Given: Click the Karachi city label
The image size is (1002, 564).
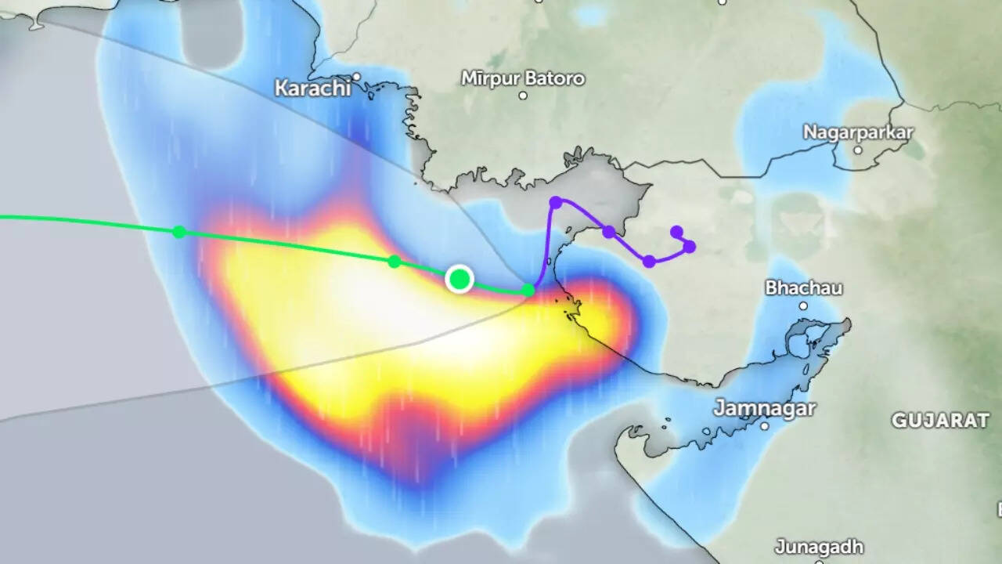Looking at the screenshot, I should coord(312,88).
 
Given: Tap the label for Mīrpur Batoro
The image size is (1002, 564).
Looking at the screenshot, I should coord(523,78).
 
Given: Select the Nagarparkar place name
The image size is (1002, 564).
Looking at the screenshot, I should coord(858,132).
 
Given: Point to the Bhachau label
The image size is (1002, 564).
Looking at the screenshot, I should coord(804,287).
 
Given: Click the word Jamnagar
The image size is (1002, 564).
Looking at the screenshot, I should coord(765,408).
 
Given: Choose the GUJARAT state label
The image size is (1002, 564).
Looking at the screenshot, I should coord(940,421).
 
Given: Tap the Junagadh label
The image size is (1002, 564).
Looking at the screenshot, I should coord(819,546).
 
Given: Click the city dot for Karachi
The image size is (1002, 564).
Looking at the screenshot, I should coord(356,77).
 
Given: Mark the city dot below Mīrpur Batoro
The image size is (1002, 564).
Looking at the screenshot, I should coord(523,96).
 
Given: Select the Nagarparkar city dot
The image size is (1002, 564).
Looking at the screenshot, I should coord(858,150).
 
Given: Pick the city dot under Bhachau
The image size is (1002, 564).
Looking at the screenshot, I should coord(803,305).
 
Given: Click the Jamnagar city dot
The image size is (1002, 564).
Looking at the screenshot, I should coord(765,426).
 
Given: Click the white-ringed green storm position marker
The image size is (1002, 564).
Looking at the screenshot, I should coord(460,279).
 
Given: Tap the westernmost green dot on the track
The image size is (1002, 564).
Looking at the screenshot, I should coord(179,231).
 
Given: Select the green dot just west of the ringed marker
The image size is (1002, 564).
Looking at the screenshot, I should coord(395,262).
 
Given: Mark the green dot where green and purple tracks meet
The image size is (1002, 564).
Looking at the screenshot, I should coord(528,291).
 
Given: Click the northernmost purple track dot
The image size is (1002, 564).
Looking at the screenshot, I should coord(556,203).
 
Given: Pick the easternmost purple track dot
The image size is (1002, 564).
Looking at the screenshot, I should coord(689,247).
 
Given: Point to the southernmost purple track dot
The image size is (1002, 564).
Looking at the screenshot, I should coord(649,261).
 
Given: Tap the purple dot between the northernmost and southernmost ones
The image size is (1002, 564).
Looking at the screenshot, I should coord(608,232).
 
